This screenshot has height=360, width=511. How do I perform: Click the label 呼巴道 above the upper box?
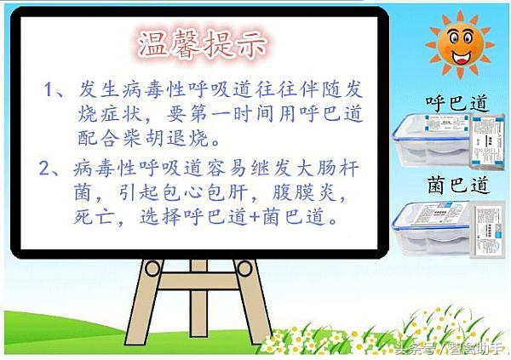[456, 105]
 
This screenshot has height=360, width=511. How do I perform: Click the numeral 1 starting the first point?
[50, 89]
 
